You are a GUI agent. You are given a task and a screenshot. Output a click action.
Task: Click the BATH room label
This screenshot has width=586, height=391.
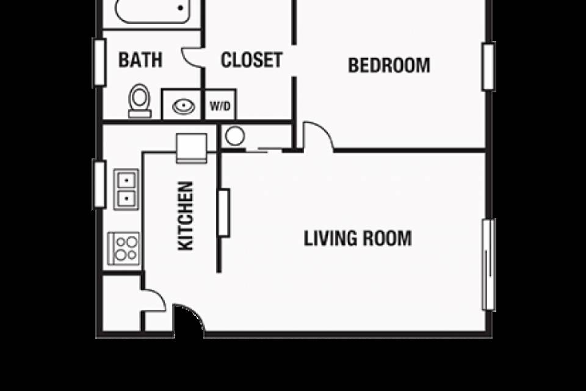click(140, 60)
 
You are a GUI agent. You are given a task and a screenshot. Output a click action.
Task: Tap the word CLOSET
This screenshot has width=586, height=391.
click(251, 60)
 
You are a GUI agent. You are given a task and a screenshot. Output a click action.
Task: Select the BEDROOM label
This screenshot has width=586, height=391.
click(389, 65)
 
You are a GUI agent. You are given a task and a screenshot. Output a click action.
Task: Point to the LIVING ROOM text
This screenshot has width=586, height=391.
click(358, 238)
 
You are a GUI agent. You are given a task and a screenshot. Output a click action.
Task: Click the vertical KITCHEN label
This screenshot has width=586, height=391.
click(186, 216)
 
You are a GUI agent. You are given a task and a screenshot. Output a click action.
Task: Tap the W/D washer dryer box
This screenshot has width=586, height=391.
click(220, 105)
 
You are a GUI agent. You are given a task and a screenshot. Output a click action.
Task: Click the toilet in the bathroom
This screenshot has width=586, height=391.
click(140, 101)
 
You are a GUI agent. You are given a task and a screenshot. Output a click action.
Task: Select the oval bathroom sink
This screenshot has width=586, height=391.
click(184, 106)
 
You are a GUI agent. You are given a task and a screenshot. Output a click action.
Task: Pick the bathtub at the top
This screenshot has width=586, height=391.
click(152, 11)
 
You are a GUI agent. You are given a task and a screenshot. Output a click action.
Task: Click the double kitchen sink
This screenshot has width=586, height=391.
click(126, 189)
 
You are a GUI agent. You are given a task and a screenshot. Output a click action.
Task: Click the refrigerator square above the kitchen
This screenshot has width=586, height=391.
click(191, 148)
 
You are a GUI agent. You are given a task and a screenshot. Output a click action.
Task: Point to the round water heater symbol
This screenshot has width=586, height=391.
click(235, 136)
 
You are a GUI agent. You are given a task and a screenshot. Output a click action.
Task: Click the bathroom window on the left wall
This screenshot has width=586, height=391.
click(99, 62)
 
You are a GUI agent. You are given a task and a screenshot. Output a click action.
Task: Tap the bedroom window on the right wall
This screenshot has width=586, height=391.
click(489, 67)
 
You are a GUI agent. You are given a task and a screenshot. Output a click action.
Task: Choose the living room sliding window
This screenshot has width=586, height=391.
click(489, 265)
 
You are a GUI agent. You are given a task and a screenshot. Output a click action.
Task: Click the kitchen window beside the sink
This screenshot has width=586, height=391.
click(99, 184)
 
